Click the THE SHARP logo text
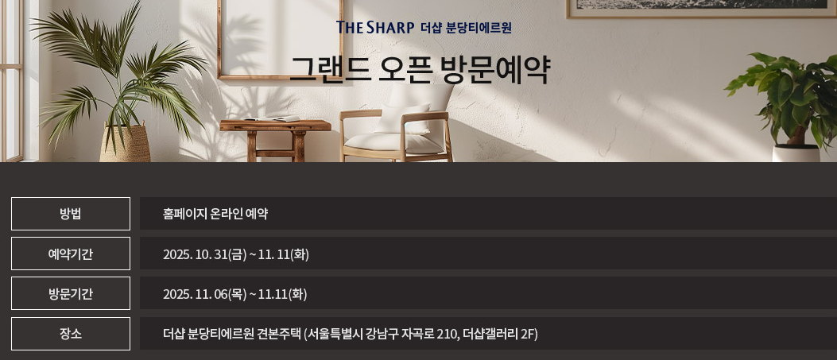[x=375, y=28]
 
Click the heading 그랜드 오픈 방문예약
[x=419, y=70]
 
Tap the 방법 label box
[x=71, y=214]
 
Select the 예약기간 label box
[x=71, y=254]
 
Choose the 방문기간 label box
[x=71, y=294]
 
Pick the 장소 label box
[x=71, y=334]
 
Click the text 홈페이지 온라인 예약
[x=215, y=214]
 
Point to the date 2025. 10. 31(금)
[x=204, y=254]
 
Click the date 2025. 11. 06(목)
[x=204, y=294]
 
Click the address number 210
[x=448, y=334]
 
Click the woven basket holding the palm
[x=126, y=144]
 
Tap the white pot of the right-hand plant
[x=796, y=153]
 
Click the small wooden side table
[x=275, y=135]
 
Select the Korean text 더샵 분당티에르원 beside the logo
[x=466, y=28]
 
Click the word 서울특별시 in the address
[x=335, y=334]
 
